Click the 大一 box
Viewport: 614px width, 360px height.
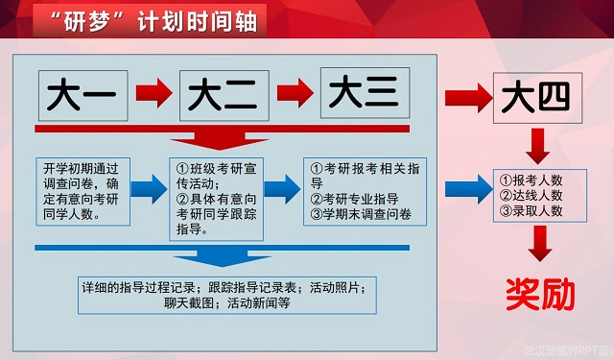[83, 95]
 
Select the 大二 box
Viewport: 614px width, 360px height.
[223, 95]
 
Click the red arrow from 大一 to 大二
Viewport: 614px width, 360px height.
[153, 95]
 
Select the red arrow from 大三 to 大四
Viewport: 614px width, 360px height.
[464, 96]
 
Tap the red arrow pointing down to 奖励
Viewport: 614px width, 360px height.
[541, 242]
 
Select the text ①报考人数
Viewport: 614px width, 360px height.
[531, 180]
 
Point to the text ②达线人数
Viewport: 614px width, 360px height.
[531, 195]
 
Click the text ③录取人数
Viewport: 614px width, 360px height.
[531, 210]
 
